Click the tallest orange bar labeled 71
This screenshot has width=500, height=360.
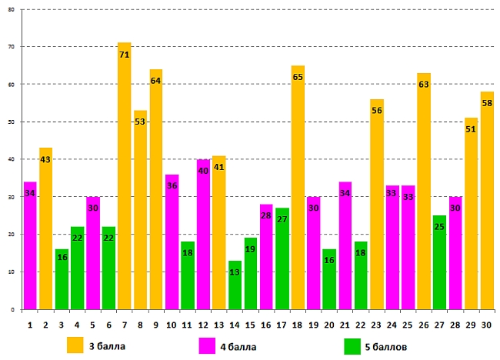point(125,177)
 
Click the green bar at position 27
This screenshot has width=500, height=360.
point(439,262)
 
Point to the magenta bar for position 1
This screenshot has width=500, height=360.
point(30,246)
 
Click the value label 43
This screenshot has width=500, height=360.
point(45,160)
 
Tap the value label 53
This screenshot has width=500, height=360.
point(140,122)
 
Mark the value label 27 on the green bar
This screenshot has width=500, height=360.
point(282,220)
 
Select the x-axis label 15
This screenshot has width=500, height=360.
point(251,325)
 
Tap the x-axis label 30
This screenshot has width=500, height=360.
point(487,325)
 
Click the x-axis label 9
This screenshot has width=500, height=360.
point(156,325)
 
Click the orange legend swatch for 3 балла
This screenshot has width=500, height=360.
point(75,345)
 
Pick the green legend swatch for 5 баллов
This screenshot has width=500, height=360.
point(353,345)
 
